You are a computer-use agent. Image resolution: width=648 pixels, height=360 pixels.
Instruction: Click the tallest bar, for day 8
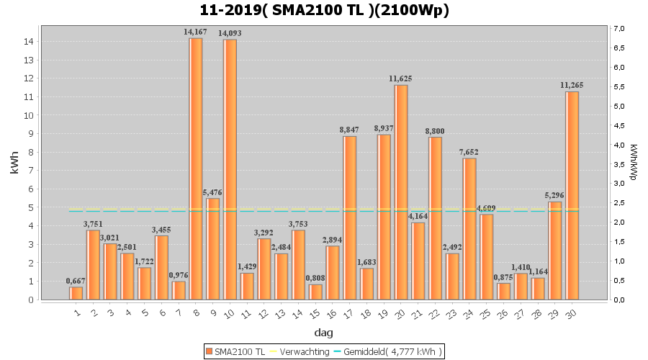196,168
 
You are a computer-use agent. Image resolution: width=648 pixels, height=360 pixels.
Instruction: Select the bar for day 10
230,169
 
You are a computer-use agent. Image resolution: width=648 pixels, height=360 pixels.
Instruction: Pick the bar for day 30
572,195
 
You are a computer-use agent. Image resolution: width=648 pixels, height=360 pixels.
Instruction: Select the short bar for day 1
76,293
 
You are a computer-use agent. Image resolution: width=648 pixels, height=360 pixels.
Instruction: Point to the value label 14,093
230,33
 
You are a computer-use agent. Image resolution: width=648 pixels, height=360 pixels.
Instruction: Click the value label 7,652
469,152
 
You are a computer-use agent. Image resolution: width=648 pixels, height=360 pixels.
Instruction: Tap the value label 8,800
435,131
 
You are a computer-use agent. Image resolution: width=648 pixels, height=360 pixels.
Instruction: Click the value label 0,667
76,281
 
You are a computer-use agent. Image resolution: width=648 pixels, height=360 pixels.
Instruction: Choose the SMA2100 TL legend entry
235,351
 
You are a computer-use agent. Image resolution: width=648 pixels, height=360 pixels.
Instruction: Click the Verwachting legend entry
297,351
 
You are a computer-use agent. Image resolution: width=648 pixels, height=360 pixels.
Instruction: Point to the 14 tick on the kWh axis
27,42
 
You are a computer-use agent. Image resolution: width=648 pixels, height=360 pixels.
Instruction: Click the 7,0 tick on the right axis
618,28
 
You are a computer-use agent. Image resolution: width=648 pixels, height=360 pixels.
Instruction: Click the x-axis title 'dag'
323,333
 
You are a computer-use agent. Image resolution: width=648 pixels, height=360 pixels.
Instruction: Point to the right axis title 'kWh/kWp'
634,163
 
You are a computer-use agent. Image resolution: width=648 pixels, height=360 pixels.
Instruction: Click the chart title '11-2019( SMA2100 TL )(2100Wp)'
324,10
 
